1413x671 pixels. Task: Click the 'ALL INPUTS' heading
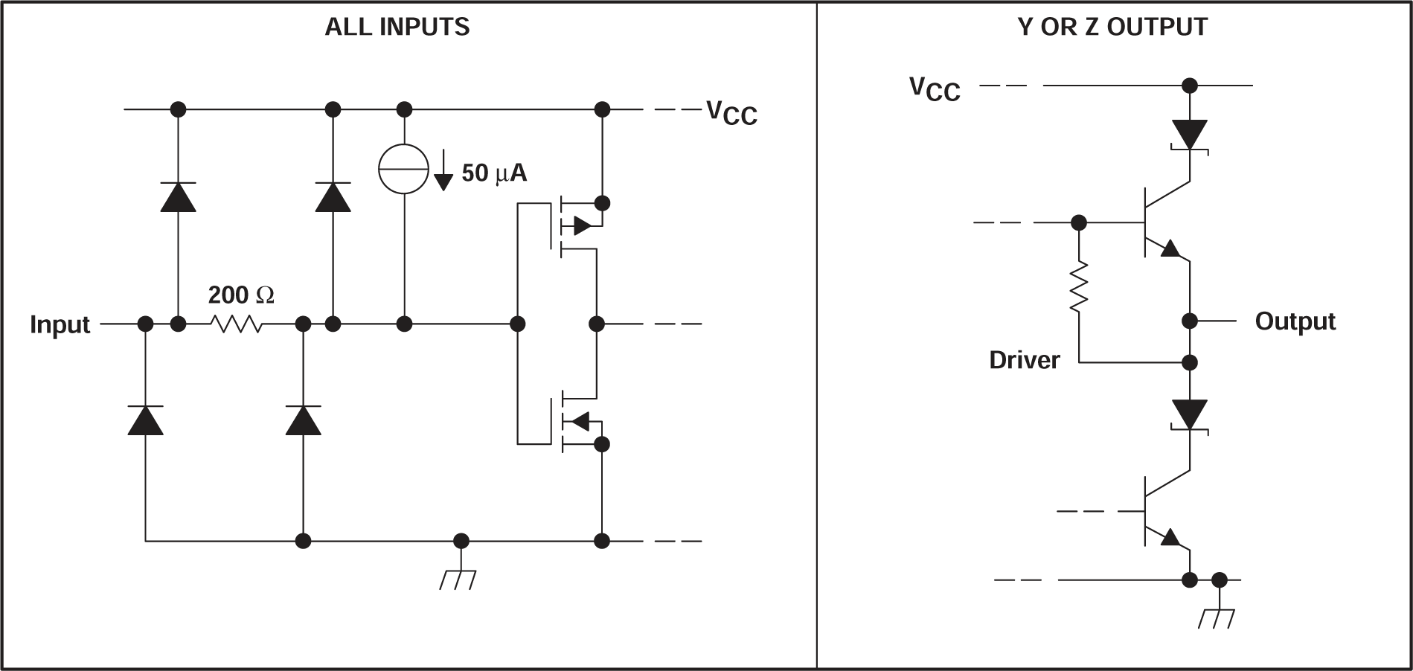397,28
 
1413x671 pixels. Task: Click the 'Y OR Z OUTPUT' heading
1112,28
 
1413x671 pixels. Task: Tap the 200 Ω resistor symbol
237,324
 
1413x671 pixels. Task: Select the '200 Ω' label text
240,295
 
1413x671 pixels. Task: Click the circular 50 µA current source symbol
404,169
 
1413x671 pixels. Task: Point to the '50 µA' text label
494,173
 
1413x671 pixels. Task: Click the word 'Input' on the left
60,325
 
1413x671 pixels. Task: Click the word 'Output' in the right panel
1295,321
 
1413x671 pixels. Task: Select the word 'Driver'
1024,360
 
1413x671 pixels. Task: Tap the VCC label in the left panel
731,113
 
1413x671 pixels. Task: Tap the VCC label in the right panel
935,89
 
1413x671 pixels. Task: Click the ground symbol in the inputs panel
458,579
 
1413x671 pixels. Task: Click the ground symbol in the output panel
1217,617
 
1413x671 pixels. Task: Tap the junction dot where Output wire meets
1190,321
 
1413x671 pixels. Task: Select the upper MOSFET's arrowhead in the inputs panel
582,225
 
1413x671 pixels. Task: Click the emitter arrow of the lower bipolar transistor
1171,537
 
